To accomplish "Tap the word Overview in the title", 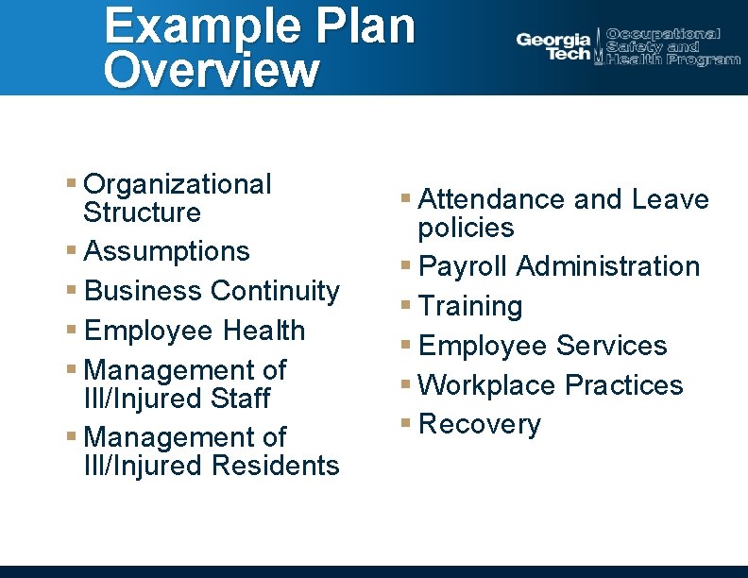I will (x=212, y=71).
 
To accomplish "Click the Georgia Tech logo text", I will (x=553, y=46).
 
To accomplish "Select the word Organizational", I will (x=178, y=184).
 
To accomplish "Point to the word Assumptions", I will (x=167, y=251).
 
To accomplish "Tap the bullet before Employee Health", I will (x=73, y=331).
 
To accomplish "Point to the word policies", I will (x=467, y=229).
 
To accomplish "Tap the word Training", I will (x=470, y=306).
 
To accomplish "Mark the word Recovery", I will (x=480, y=425).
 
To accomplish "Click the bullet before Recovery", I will (x=406, y=425).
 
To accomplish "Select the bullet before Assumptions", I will (x=73, y=251).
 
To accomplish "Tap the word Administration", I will (x=608, y=267).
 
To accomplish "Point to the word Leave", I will (x=671, y=199).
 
